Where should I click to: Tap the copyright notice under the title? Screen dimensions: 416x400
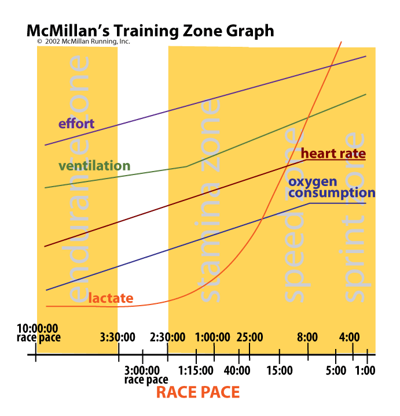tap(83, 42)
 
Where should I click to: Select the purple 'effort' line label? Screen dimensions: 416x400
tap(76, 123)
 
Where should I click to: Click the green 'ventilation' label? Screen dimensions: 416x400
tap(94, 166)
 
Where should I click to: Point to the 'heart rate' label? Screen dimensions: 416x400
tap(333, 154)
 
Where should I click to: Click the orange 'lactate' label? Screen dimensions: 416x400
tap(111, 298)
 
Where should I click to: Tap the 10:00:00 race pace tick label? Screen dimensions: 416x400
tap(38, 333)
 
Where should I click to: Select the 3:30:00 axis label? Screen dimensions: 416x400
tap(119, 337)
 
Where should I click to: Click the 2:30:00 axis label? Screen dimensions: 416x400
tap(167, 337)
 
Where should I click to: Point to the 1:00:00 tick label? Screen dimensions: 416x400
tap(214, 337)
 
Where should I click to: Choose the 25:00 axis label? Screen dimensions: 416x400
tap(249, 337)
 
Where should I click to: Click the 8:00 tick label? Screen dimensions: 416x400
tap(307, 337)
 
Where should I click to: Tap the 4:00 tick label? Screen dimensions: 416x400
tap(349, 337)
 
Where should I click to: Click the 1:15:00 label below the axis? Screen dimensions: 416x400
tap(191, 370)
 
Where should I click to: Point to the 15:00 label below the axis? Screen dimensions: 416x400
tap(279, 370)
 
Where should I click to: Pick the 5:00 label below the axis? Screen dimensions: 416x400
tap(336, 370)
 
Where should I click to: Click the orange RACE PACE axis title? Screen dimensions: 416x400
tap(198, 392)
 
